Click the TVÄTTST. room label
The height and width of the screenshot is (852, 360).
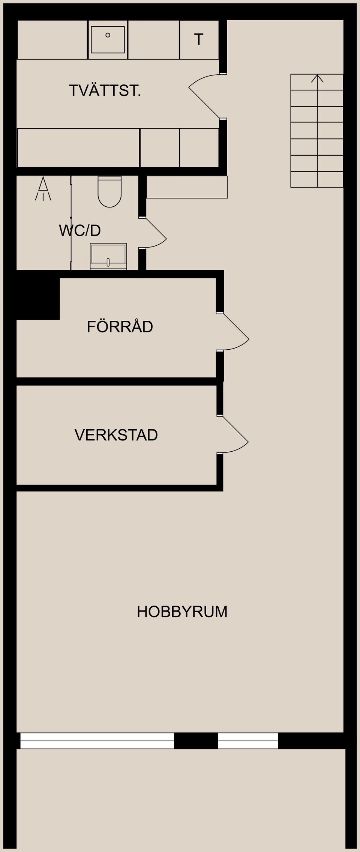pyautogui.click(x=105, y=91)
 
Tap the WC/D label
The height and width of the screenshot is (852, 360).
pyautogui.click(x=80, y=230)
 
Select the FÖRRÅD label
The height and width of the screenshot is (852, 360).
pyautogui.click(x=120, y=327)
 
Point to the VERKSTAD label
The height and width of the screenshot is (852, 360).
pyautogui.click(x=116, y=435)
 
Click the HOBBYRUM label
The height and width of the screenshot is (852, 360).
pyautogui.click(x=182, y=612)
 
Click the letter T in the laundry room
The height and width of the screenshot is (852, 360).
pyautogui.click(x=199, y=39)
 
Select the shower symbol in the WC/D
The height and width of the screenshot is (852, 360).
pyautogui.click(x=43, y=189)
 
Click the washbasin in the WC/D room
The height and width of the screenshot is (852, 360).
pyautogui.click(x=108, y=256)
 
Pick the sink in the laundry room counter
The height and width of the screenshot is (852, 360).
pyautogui.click(x=108, y=39)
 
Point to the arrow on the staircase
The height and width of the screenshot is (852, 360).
pyautogui.click(x=317, y=79)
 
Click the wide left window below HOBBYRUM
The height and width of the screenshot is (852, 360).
pyautogui.click(x=97, y=741)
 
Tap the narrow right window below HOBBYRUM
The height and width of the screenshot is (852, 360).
pyautogui.click(x=248, y=741)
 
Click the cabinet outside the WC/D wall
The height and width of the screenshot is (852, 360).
pyautogui.click(x=187, y=187)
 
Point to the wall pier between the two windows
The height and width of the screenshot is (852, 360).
pyautogui.click(x=196, y=741)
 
